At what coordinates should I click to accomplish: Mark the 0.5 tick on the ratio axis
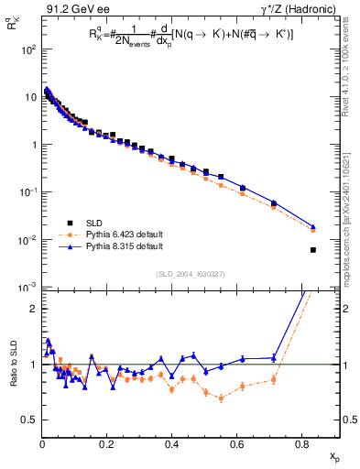click(27, 420)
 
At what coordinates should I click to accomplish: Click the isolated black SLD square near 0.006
click(313, 250)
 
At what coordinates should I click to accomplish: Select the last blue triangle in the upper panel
click(313, 226)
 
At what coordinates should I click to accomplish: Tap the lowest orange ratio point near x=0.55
click(221, 397)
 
